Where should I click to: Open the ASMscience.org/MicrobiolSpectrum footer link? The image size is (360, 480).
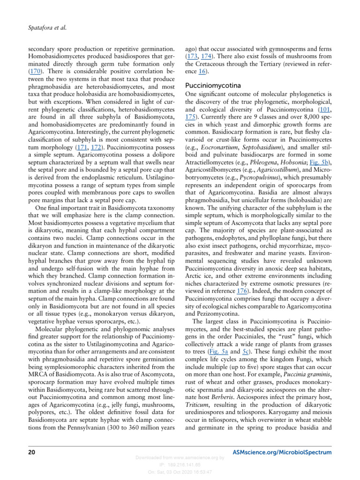point(282,452)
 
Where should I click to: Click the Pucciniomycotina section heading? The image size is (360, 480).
point(215,86)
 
